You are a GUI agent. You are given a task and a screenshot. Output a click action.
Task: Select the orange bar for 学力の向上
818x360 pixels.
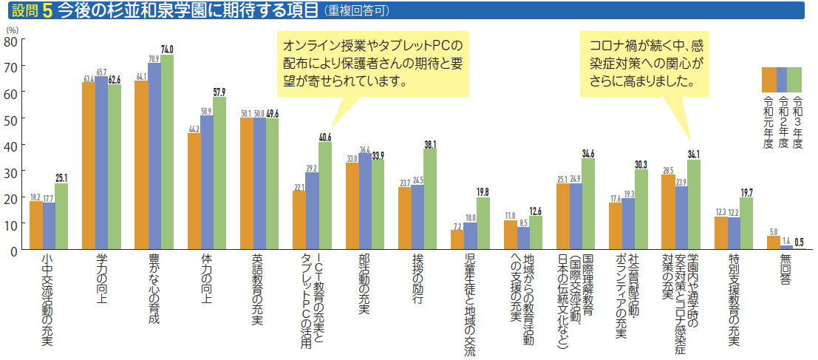coord(88,166)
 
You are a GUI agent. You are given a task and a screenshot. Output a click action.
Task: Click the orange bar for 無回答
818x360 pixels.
coord(773,243)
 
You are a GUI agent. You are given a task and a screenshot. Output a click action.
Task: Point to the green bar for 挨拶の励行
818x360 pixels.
coord(430,200)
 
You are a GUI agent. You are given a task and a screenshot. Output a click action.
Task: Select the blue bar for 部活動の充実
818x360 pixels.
coord(365,203)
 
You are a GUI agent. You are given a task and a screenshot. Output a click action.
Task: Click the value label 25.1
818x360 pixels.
coord(63,178)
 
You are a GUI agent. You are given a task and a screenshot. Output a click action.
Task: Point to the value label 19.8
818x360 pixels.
coord(483,191)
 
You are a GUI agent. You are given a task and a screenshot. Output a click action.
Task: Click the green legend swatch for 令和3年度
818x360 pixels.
coord(795,78)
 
